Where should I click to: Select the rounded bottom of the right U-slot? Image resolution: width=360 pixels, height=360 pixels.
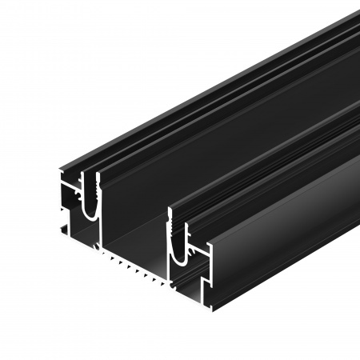point(180,255)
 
